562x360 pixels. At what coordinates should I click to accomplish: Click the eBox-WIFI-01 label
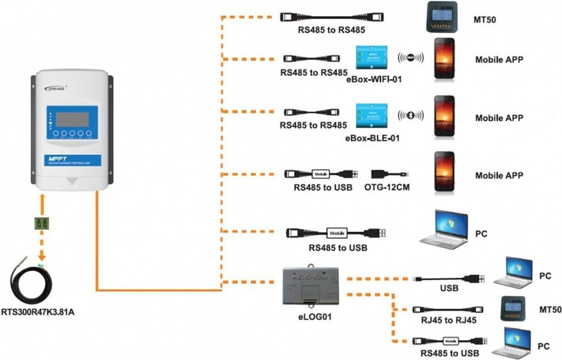click(374, 80)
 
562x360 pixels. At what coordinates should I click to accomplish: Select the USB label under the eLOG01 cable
click(449, 288)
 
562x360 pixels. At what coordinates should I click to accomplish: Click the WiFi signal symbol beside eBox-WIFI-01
click(411, 57)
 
